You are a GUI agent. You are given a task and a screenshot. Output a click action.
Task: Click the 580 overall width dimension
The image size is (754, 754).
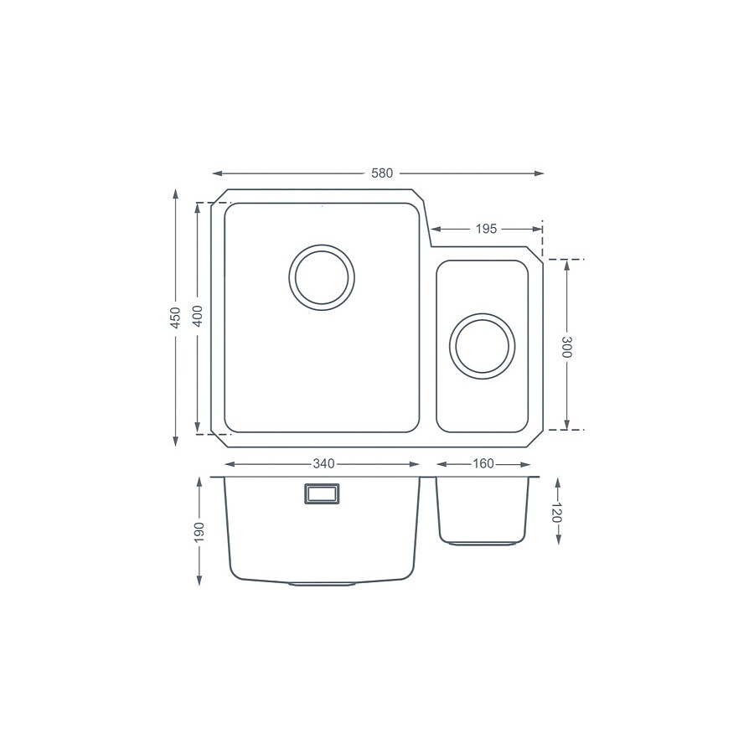[381, 173]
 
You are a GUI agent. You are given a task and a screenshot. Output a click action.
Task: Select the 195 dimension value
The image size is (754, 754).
[488, 228]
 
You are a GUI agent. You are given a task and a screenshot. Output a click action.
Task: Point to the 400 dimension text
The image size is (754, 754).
[198, 316]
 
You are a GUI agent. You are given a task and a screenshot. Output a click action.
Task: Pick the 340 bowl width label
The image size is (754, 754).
[323, 463]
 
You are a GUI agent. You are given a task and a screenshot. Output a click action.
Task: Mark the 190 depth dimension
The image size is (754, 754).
[199, 531]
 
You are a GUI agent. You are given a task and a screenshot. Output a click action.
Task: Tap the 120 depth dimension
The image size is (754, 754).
[556, 513]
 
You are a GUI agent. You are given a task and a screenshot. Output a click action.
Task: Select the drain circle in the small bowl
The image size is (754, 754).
[482, 344]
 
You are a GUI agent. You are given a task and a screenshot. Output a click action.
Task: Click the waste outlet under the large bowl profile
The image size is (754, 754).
[323, 583]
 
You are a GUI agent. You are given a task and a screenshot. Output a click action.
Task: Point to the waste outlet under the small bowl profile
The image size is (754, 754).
[482, 544]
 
